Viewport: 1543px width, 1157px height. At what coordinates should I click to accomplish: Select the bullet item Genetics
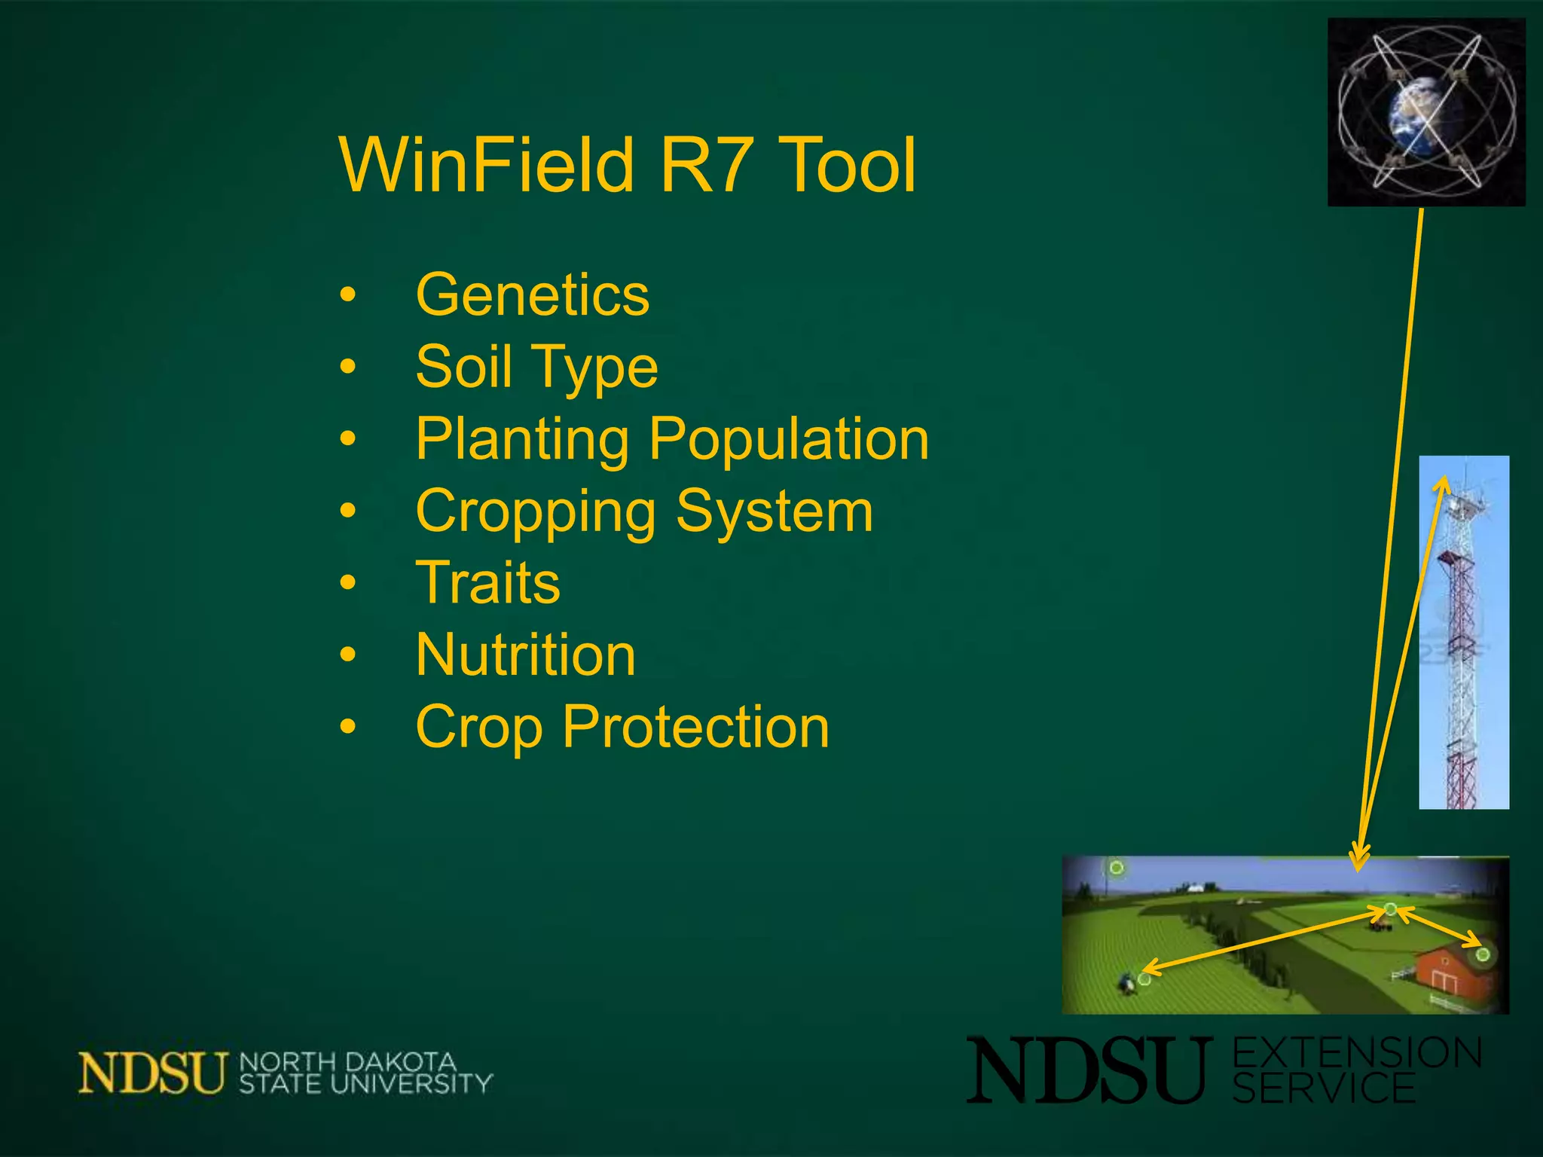pos(532,295)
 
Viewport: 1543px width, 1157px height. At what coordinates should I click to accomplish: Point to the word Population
pos(789,439)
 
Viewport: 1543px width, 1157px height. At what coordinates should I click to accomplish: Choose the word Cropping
pos(536,511)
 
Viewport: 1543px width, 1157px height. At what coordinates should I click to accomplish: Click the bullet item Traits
pos(488,582)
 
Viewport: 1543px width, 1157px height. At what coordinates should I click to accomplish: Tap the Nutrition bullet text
pos(525,655)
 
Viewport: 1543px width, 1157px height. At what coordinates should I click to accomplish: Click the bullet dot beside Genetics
pos(347,295)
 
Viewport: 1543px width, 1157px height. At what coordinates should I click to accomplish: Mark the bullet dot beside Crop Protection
pos(347,727)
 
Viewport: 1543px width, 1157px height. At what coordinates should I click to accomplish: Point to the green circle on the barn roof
pos(1483,955)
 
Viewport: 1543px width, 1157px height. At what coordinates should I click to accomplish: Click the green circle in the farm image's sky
pos(1117,869)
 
